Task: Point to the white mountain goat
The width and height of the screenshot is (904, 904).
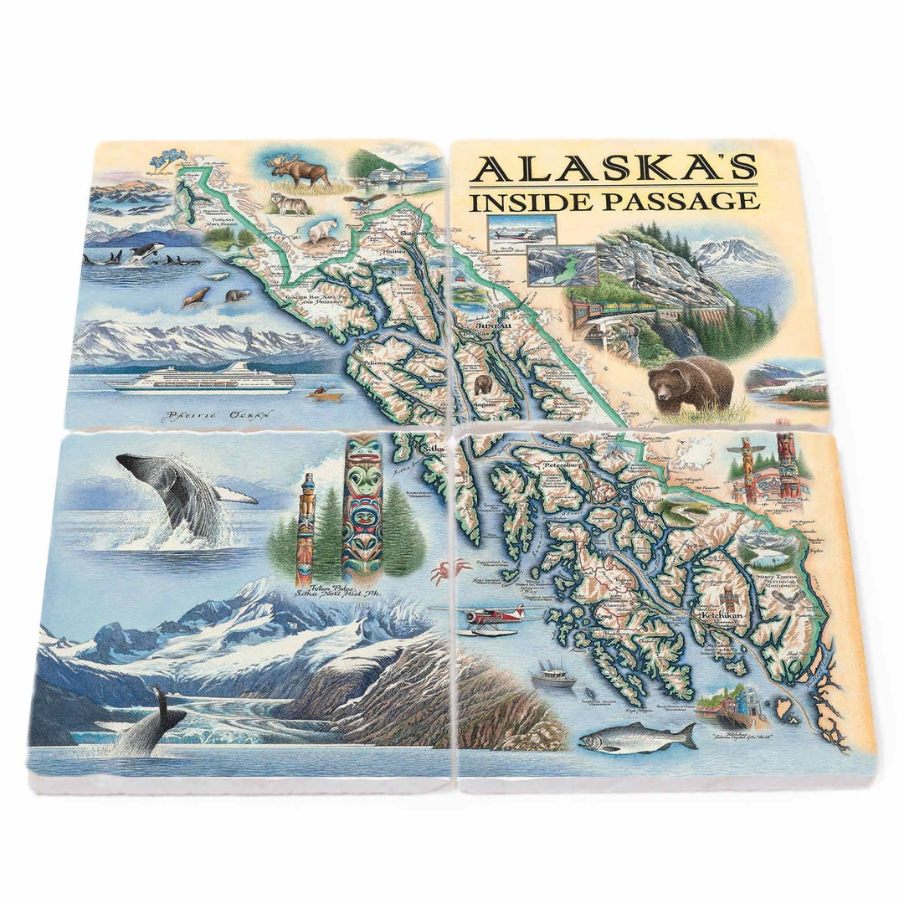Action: (322, 230)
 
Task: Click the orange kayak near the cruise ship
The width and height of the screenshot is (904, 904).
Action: (319, 392)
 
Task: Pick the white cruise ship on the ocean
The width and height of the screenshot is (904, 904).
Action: (201, 379)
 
